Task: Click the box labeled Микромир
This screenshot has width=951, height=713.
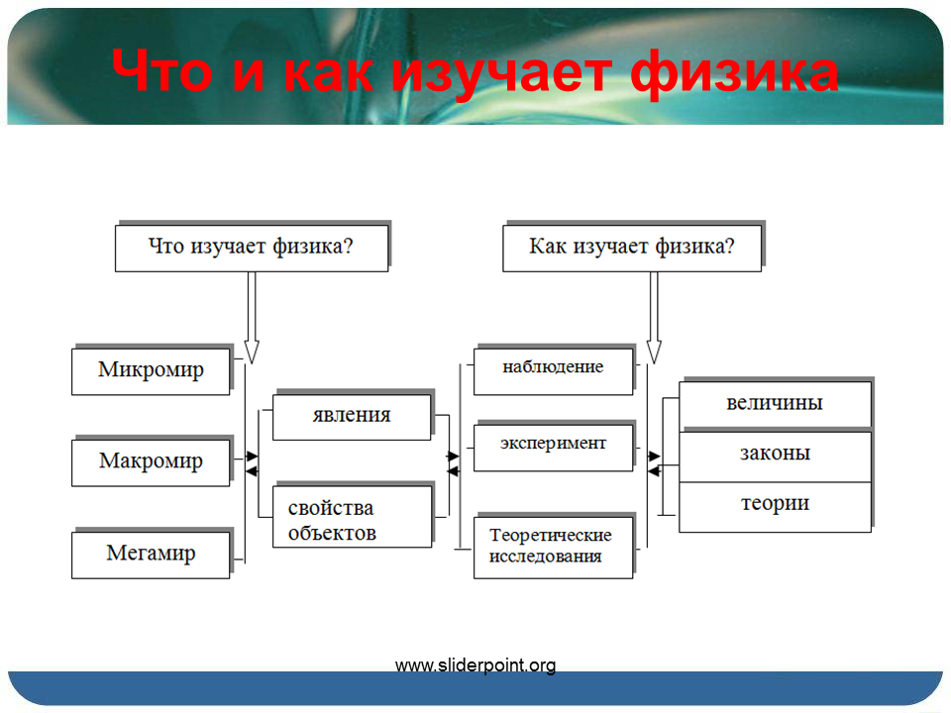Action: pos(151,371)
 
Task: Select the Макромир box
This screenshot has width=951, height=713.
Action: pos(151,462)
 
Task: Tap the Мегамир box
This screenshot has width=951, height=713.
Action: pos(151,555)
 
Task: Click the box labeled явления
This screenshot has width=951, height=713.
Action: pos(352,417)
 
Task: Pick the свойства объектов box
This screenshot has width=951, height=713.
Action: pos(352,517)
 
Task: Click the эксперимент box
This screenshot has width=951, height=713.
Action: pos(553,448)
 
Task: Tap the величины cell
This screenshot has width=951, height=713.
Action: pos(775,405)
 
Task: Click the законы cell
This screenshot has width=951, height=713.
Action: pos(775,456)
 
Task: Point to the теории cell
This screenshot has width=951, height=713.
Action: pos(775,507)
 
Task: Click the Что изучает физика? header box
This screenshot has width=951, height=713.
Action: pos(252,249)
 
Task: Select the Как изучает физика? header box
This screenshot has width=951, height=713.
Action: pos(632,249)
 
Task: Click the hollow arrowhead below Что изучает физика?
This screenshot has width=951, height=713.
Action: pos(252,353)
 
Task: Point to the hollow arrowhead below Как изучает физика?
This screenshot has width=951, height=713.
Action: pos(654,353)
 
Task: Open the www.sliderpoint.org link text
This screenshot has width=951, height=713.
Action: pos(475,665)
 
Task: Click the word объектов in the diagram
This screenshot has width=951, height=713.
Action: pos(332,533)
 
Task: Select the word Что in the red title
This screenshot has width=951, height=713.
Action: pos(161,70)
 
